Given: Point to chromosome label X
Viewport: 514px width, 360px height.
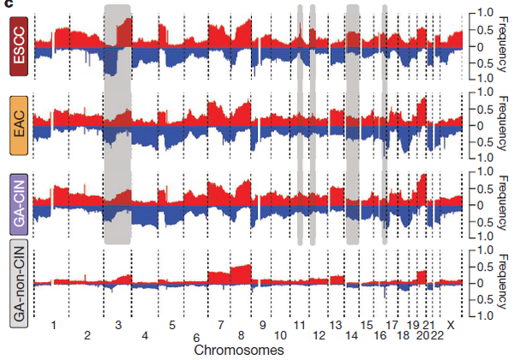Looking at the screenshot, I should pos(451,326).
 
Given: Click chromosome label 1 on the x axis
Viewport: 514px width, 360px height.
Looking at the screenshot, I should pos(53,326).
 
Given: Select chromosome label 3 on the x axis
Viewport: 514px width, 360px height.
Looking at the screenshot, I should pos(118,326).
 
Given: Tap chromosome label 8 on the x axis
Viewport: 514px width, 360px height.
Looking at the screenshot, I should pos(243,336).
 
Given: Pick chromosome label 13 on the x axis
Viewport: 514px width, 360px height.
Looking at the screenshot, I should pos(336,326).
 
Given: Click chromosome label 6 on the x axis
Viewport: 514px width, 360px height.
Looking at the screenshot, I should pos(196,337).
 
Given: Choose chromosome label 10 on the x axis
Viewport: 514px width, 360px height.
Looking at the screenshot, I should pos(281,336).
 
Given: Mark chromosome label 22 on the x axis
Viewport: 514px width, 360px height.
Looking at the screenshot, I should pos(438,336).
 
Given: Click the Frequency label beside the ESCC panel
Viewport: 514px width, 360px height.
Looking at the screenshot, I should pos(502,45).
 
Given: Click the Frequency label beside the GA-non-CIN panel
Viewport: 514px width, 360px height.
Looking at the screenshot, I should pos(502,283).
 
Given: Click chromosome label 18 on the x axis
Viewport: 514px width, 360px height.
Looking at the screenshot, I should pos(402,336).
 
